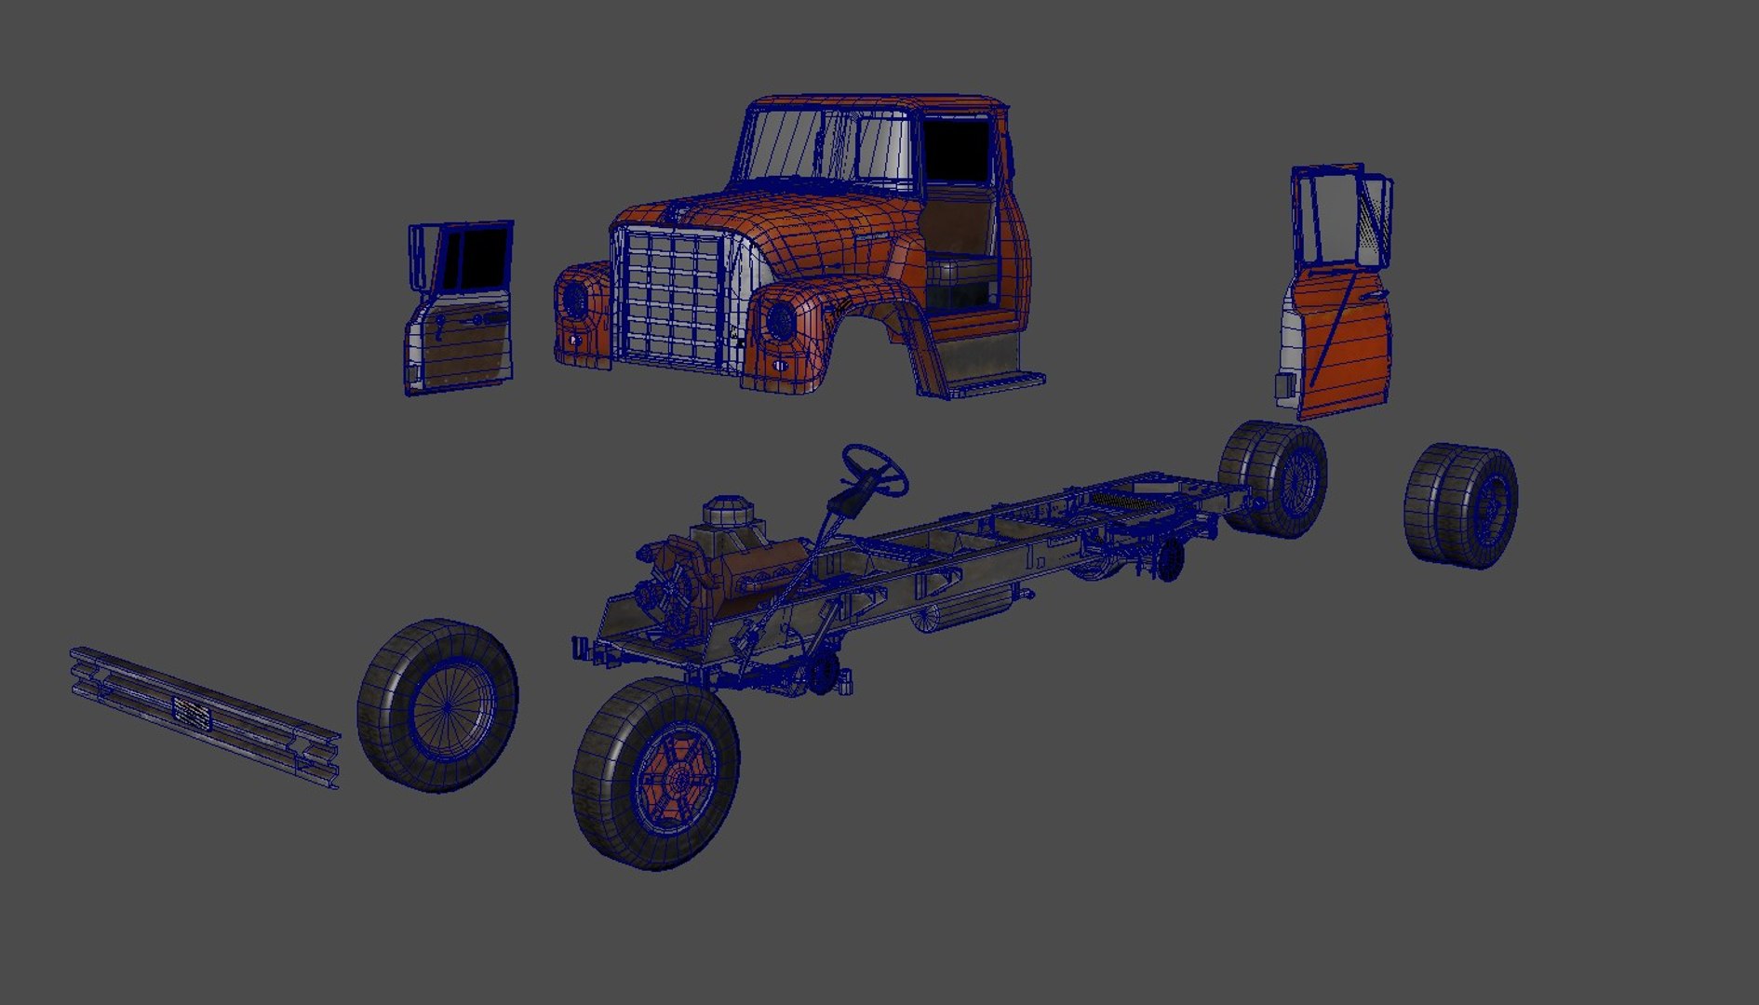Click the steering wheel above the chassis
(875, 470)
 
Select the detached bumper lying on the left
(205, 717)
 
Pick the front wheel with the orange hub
(657, 772)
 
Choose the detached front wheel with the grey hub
(437, 705)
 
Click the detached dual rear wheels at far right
(1461, 505)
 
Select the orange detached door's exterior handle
(1372, 295)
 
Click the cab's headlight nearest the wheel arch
(779, 320)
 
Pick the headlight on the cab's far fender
(575, 300)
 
